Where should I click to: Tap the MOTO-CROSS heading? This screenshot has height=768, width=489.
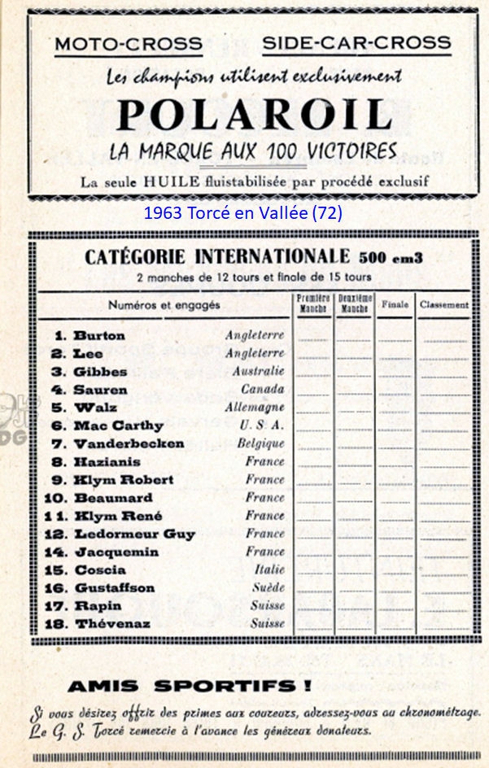129,44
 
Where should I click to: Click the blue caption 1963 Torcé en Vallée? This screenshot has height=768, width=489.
242,213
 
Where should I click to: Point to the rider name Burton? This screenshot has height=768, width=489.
99,335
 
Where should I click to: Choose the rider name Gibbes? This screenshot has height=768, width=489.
101,371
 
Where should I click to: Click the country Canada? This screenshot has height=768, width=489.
264,389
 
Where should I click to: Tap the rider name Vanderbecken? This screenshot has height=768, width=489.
129,443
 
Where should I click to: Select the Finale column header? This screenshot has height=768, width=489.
395,305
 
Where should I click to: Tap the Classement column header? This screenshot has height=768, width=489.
444,305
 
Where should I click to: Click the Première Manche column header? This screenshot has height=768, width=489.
313,304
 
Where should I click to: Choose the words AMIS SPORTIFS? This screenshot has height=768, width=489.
189,685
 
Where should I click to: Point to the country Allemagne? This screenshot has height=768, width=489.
255,407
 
